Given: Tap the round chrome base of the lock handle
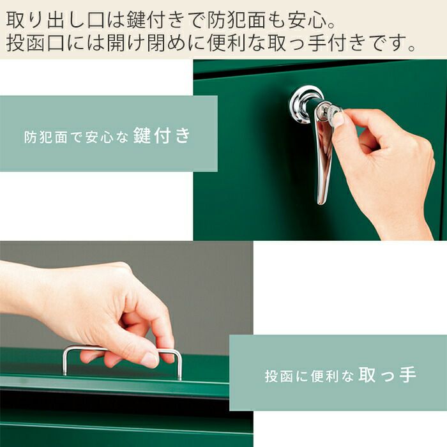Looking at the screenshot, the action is click(x=300, y=104).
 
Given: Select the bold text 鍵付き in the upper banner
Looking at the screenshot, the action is click(x=162, y=135).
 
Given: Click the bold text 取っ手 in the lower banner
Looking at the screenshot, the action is click(x=388, y=375).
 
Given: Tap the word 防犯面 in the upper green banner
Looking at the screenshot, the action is click(x=45, y=137).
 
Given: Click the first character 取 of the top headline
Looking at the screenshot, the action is click(x=15, y=19).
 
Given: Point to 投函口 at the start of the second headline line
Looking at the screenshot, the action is click(x=35, y=43).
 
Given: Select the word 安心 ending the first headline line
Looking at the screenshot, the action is click(x=307, y=19).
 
